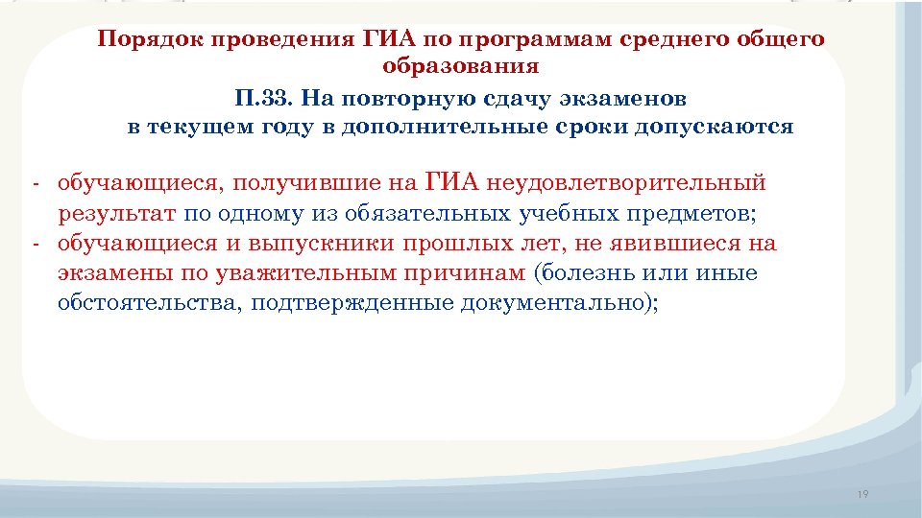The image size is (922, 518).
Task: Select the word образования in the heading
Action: (x=460, y=67)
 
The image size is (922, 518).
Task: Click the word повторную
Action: (x=408, y=98)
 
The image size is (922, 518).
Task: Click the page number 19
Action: (x=861, y=494)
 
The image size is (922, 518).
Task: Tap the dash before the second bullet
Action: (x=34, y=244)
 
